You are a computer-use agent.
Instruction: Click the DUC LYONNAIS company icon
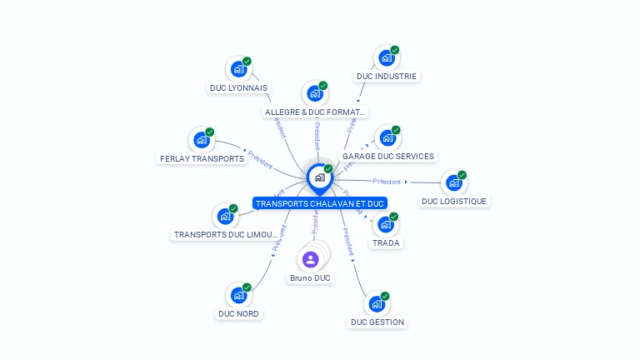coord(238,69)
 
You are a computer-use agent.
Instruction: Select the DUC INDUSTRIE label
coord(386,76)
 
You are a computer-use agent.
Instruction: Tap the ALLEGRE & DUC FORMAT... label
coord(315,112)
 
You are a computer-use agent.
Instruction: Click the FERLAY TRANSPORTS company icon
coord(201,141)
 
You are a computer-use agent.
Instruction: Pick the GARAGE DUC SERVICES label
coord(388,156)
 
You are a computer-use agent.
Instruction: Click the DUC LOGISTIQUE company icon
coord(453,182)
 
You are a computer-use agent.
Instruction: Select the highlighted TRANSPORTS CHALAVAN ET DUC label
coord(320,203)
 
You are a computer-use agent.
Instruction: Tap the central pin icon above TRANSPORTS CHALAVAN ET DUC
coord(319,177)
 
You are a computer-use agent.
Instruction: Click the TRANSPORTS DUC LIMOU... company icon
coord(225,217)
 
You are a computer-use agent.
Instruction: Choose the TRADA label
coord(386,242)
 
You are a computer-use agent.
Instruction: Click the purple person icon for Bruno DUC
coord(311,259)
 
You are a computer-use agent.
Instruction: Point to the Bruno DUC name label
coord(310,277)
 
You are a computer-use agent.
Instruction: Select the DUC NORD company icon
coord(238,296)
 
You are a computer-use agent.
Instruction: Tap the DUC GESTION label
coord(377,322)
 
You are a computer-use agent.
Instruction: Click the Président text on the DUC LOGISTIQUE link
coord(387,181)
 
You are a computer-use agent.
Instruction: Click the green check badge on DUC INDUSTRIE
coord(395,50)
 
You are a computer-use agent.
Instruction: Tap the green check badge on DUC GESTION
coord(385,296)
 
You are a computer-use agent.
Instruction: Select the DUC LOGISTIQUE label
coord(454,201)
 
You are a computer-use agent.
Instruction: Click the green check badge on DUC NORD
coord(247,287)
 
